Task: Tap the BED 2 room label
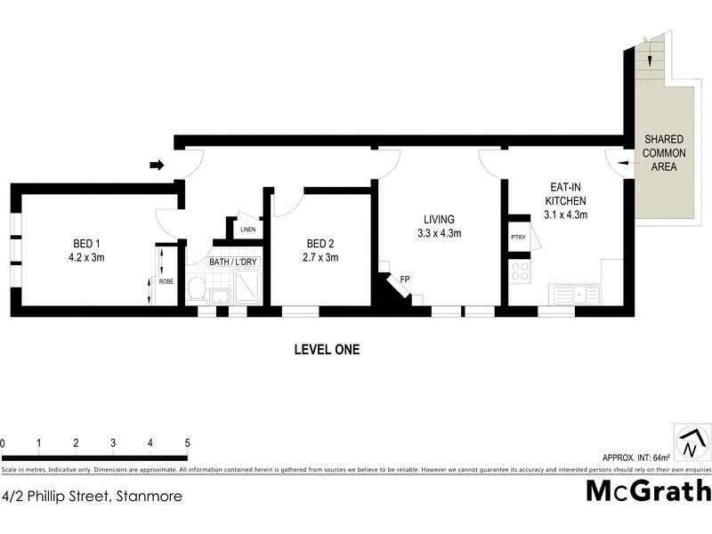pyautogui.click(x=321, y=250)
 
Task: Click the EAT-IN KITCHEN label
pyautogui.click(x=565, y=200)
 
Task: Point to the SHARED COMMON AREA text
pyautogui.click(x=664, y=153)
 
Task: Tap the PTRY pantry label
pyautogui.click(x=517, y=238)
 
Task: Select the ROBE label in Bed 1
pyautogui.click(x=166, y=282)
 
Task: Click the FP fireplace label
pyautogui.click(x=404, y=280)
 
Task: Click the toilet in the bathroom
pyautogui.click(x=198, y=289)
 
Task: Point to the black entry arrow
pyautogui.click(x=157, y=165)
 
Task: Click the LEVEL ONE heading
pyautogui.click(x=327, y=350)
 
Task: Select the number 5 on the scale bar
pyautogui.click(x=187, y=442)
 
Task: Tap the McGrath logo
pyautogui.click(x=647, y=491)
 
